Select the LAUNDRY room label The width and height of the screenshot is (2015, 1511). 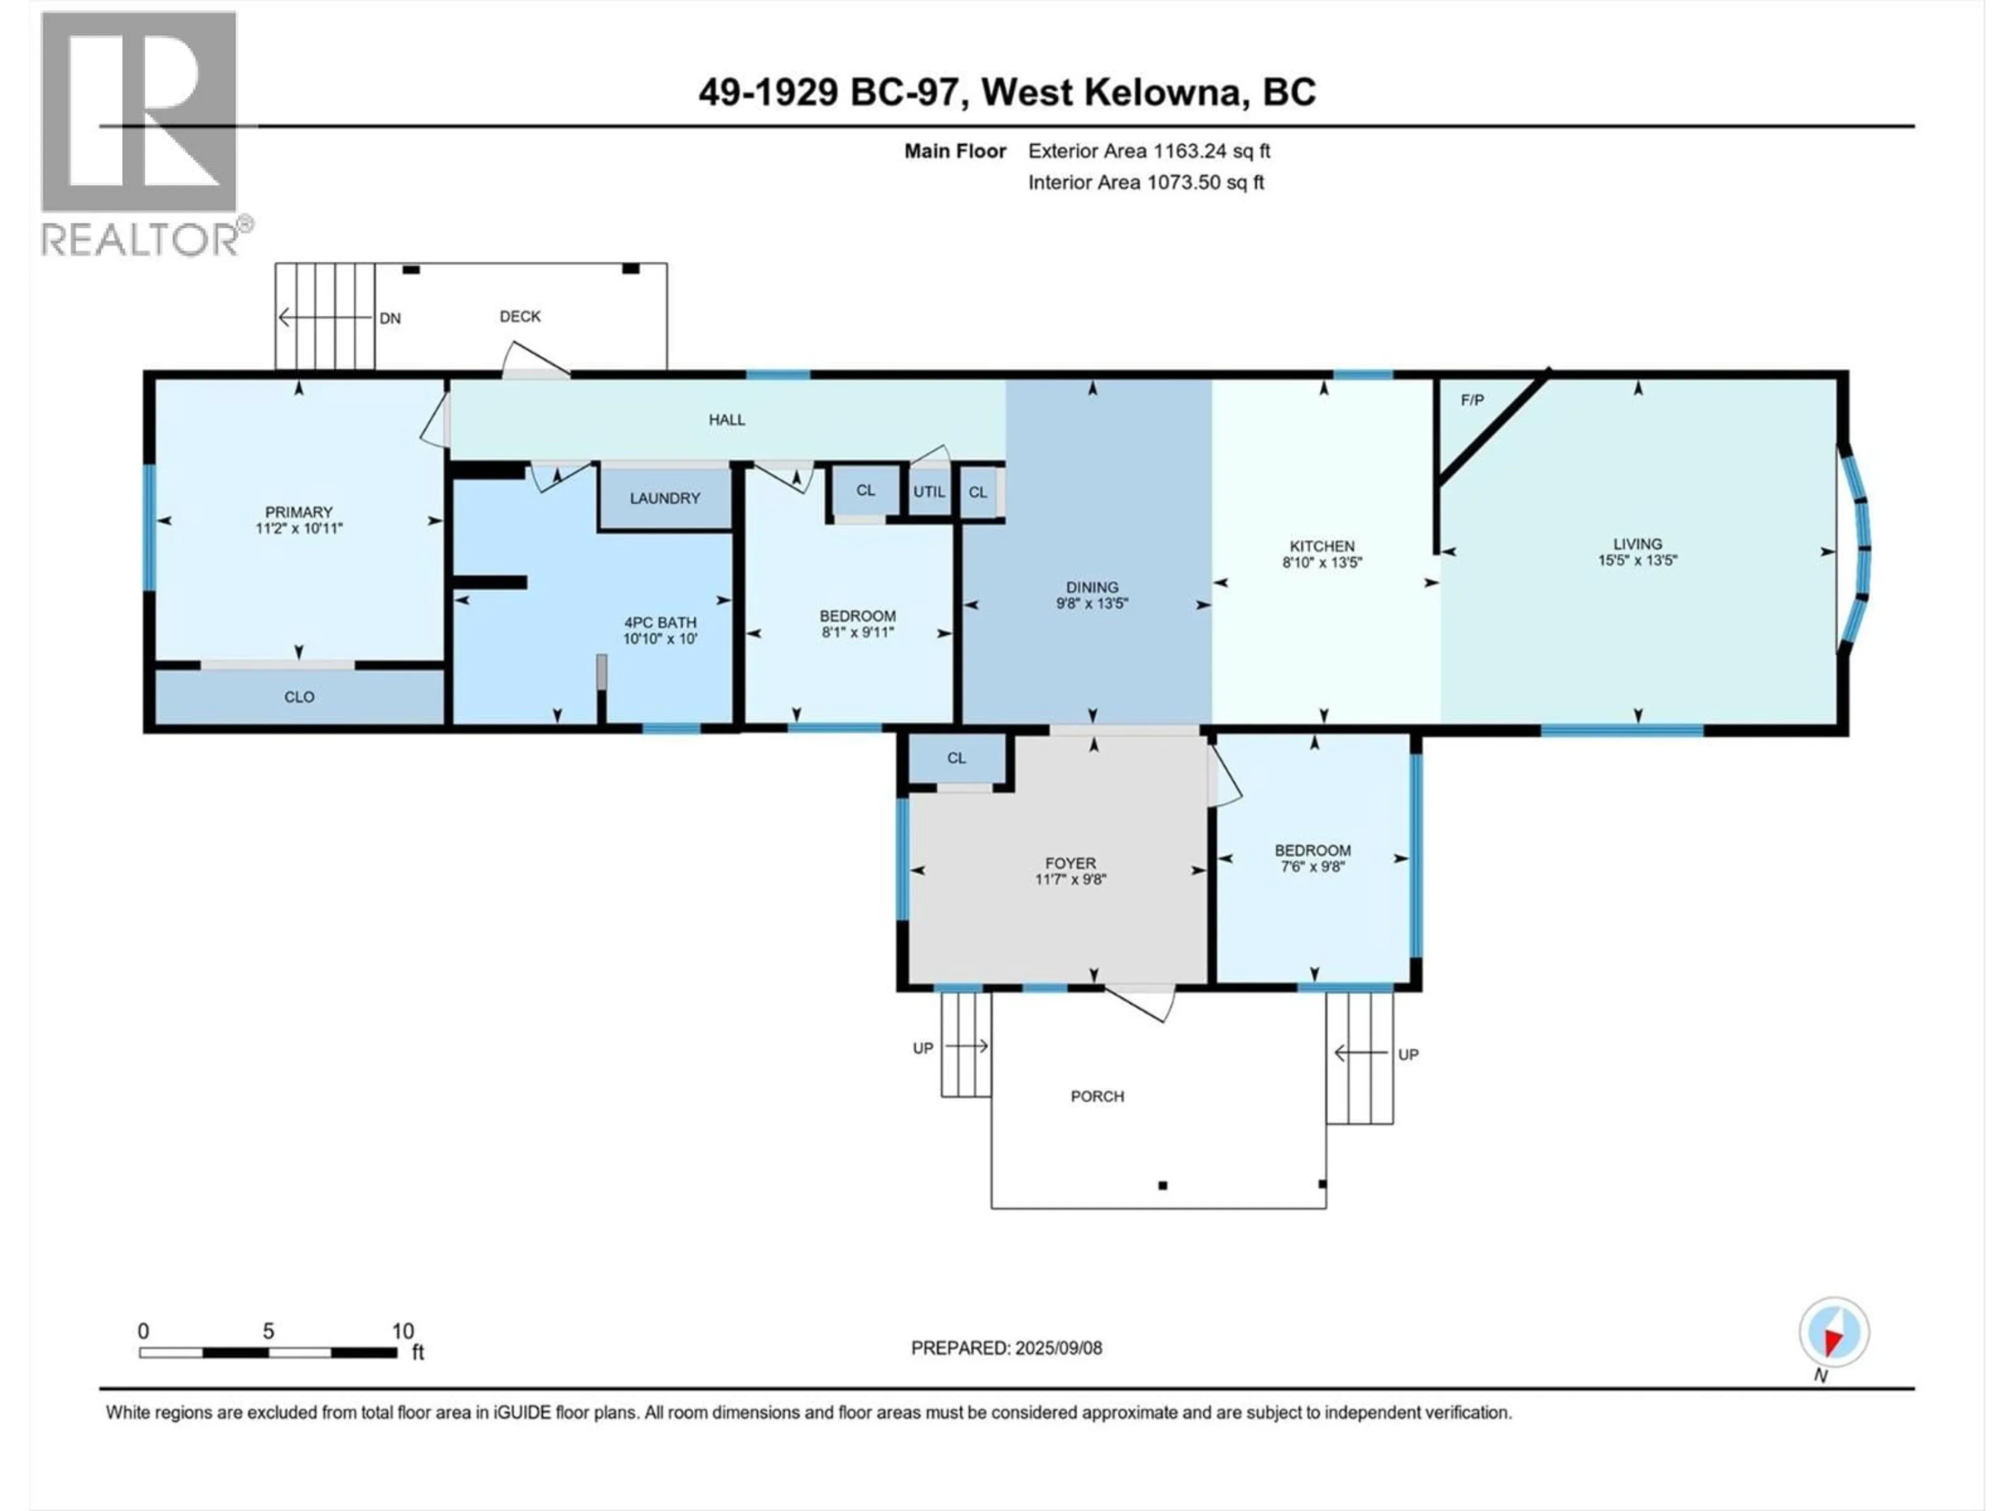coord(665,498)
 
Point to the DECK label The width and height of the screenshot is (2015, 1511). coord(520,316)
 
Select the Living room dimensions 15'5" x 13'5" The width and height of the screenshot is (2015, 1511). coord(1637,561)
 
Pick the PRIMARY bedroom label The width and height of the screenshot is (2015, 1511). coord(299,512)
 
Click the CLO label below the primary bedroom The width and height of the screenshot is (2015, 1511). coord(299,697)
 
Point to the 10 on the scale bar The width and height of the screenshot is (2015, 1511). coord(402,1331)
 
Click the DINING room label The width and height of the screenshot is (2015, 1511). coord(1092,588)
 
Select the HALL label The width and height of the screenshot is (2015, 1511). coord(727,420)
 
